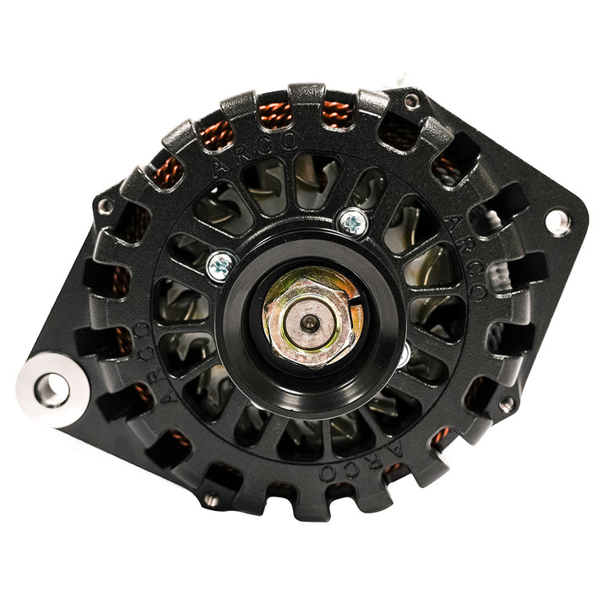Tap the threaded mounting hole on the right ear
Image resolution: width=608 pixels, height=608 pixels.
556,222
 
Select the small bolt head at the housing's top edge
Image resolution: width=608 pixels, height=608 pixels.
411,102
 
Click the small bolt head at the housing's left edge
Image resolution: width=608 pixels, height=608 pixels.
106,206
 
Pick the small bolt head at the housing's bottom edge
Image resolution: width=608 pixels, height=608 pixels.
211,500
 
